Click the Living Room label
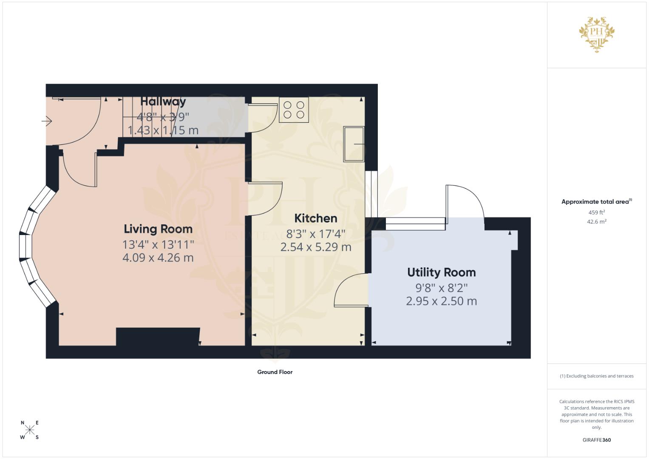(158, 229)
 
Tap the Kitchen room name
(316, 218)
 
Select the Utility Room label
(441, 272)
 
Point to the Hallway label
(163, 102)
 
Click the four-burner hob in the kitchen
(294, 110)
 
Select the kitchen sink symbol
(354, 144)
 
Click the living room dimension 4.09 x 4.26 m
(158, 258)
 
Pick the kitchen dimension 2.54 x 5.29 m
(316, 247)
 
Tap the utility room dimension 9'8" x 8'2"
(441, 288)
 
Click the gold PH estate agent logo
(597, 34)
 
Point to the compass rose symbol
(30, 430)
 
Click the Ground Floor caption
(275, 372)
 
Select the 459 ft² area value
(596, 212)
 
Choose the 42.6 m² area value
(596, 221)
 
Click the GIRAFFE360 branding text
(596, 440)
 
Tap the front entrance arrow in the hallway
(46, 122)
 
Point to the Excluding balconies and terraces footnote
(596, 376)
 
